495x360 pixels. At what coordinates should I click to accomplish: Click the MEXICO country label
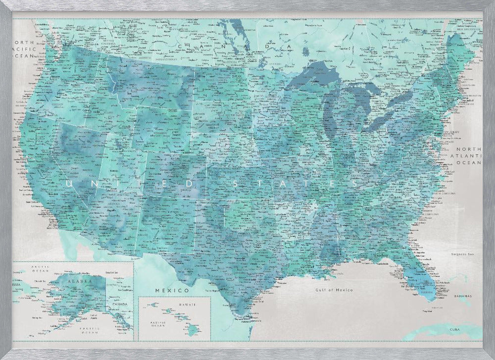pyautogui.click(x=172, y=289)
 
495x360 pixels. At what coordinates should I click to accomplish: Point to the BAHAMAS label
pyautogui.click(x=461, y=296)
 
